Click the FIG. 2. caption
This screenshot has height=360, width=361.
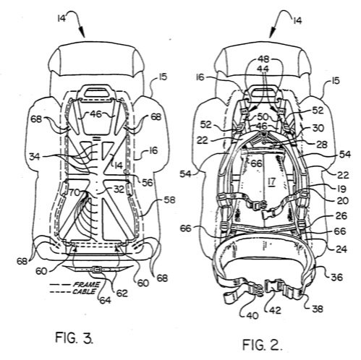(262, 345)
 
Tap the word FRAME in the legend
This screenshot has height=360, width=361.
(86, 285)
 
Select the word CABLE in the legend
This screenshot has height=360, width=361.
(84, 291)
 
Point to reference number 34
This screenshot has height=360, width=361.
(36, 157)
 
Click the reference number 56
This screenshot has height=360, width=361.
(148, 183)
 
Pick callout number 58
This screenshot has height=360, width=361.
(169, 200)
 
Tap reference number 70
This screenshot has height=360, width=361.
(75, 193)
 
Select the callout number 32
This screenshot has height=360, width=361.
(119, 190)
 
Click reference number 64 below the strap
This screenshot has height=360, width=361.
(105, 300)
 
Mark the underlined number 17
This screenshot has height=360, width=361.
(271, 181)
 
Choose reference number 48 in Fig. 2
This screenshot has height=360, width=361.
(263, 59)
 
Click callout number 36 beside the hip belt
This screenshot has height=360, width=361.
(336, 277)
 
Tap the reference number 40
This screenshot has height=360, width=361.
(252, 315)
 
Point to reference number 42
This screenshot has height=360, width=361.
(275, 310)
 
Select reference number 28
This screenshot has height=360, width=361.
(322, 145)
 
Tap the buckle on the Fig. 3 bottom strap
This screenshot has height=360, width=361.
(97, 269)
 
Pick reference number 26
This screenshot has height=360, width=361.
(341, 216)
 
